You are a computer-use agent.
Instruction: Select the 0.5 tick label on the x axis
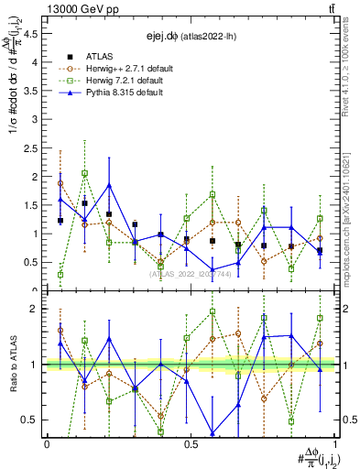pos(191,443)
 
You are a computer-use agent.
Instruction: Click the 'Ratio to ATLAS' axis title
pos(12,363)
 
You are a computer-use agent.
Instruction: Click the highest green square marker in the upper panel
pos(84,173)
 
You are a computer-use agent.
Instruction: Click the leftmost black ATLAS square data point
pos(60,221)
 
